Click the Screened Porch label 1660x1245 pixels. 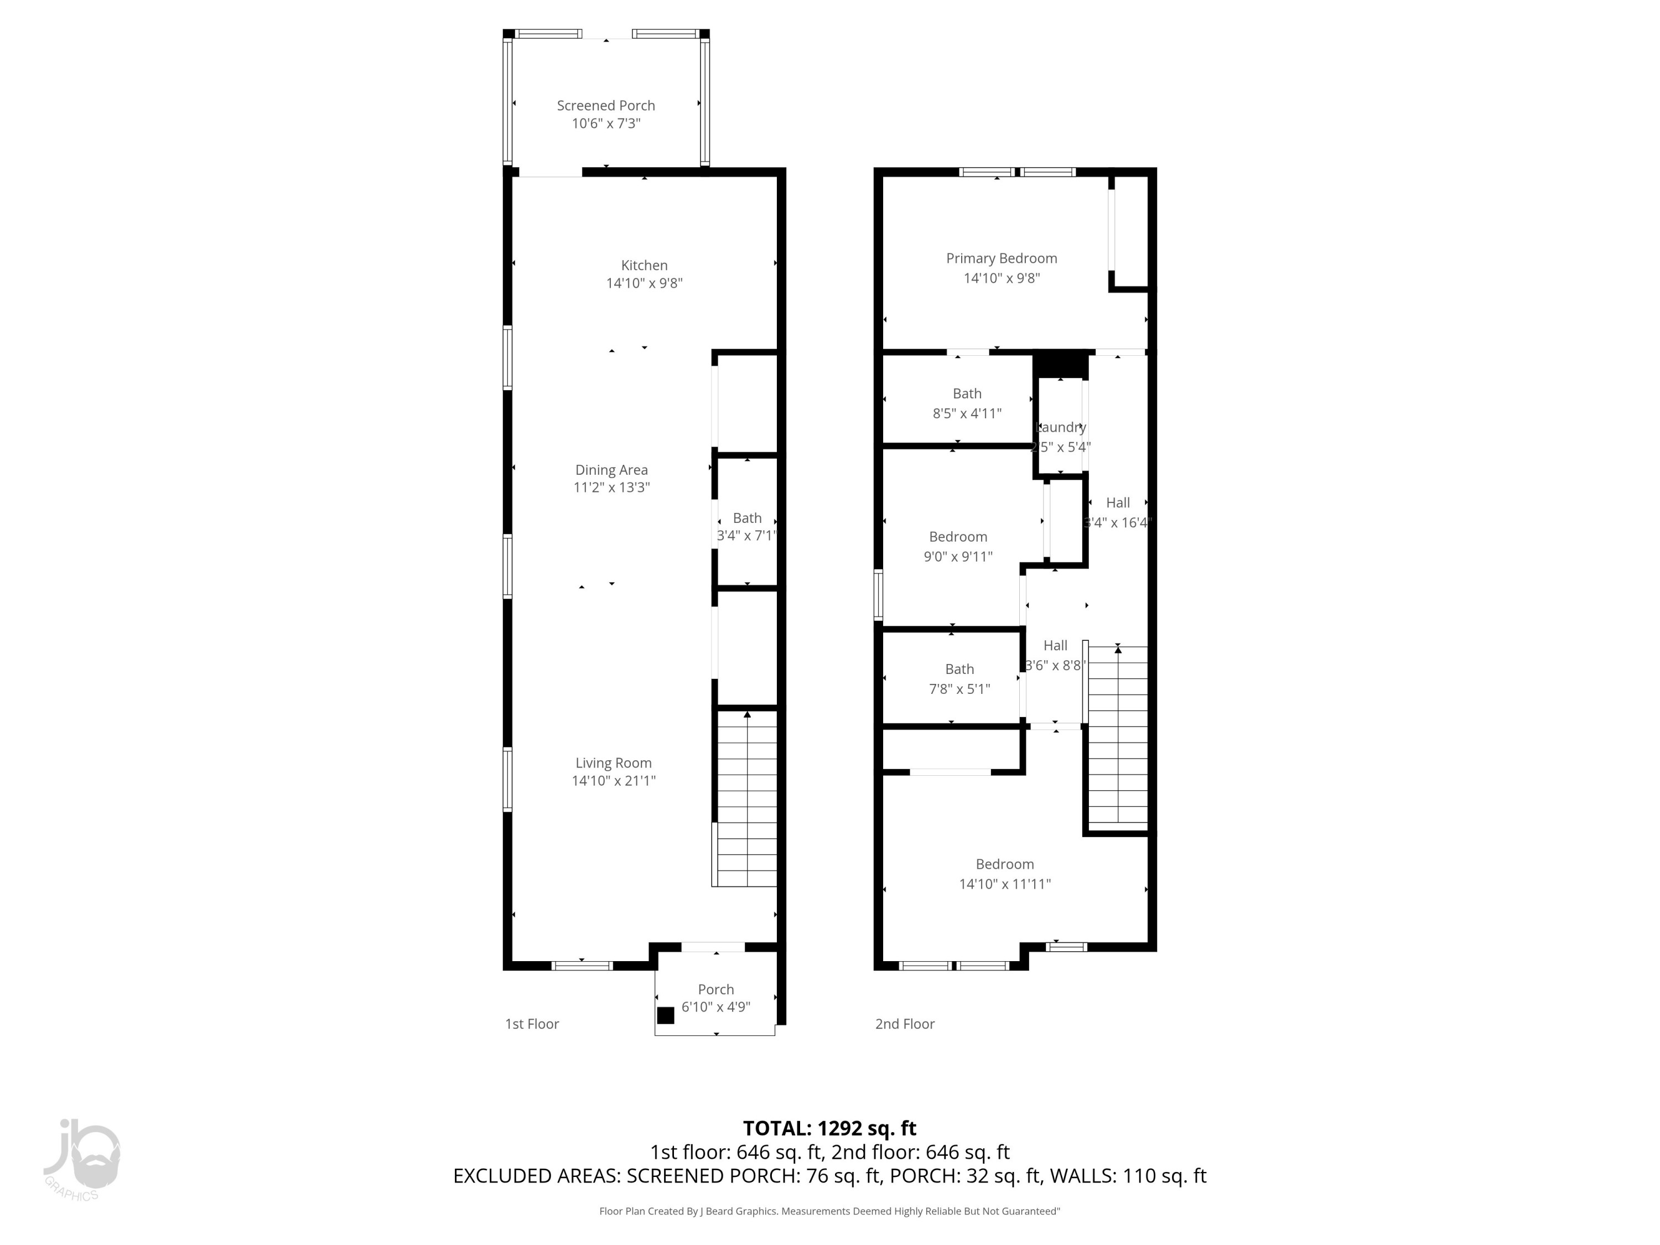coord(605,106)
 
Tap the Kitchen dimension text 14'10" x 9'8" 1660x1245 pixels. coord(644,283)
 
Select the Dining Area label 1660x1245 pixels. coord(611,470)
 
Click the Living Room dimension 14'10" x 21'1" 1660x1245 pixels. coord(613,780)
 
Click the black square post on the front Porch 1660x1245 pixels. coord(666,1015)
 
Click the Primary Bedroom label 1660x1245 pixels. coord(1001,258)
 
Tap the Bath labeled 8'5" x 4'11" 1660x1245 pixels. coord(967,394)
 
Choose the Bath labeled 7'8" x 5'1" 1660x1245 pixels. coord(959,670)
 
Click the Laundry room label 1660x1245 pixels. coord(1060,427)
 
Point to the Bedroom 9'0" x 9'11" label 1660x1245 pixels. coord(958,537)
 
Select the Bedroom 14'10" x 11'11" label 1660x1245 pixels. coord(1004,864)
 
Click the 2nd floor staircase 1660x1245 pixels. coord(1117,735)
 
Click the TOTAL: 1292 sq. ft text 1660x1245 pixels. coord(829,1128)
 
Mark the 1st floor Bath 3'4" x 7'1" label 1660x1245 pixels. coord(746,518)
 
